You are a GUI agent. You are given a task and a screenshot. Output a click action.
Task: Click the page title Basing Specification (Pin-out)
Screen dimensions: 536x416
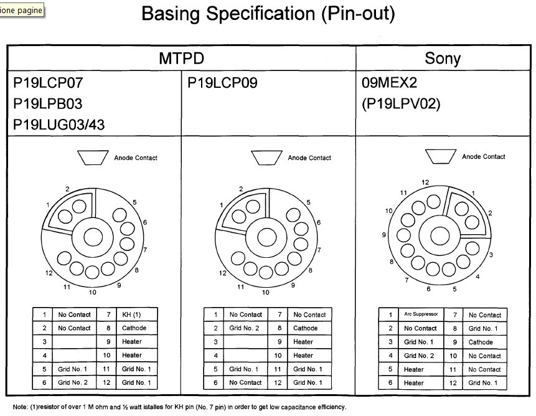(x=268, y=14)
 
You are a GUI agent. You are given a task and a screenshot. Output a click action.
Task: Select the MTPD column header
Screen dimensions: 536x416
(x=182, y=58)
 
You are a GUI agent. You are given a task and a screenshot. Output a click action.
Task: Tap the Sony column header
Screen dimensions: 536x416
(x=443, y=58)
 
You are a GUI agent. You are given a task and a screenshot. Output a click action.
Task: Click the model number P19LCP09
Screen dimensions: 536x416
(x=222, y=83)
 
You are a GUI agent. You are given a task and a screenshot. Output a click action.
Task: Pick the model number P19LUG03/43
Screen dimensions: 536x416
(x=59, y=125)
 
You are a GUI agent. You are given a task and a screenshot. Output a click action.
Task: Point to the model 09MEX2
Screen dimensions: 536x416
(x=389, y=83)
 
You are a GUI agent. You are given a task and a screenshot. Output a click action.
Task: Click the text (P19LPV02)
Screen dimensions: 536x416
(x=401, y=104)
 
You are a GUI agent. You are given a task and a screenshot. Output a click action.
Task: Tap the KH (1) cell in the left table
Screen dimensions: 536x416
(x=131, y=314)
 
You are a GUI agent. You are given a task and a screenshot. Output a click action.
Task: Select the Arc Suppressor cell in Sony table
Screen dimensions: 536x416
(x=421, y=314)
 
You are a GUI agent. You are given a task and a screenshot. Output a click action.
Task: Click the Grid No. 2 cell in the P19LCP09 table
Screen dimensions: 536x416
(x=244, y=328)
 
